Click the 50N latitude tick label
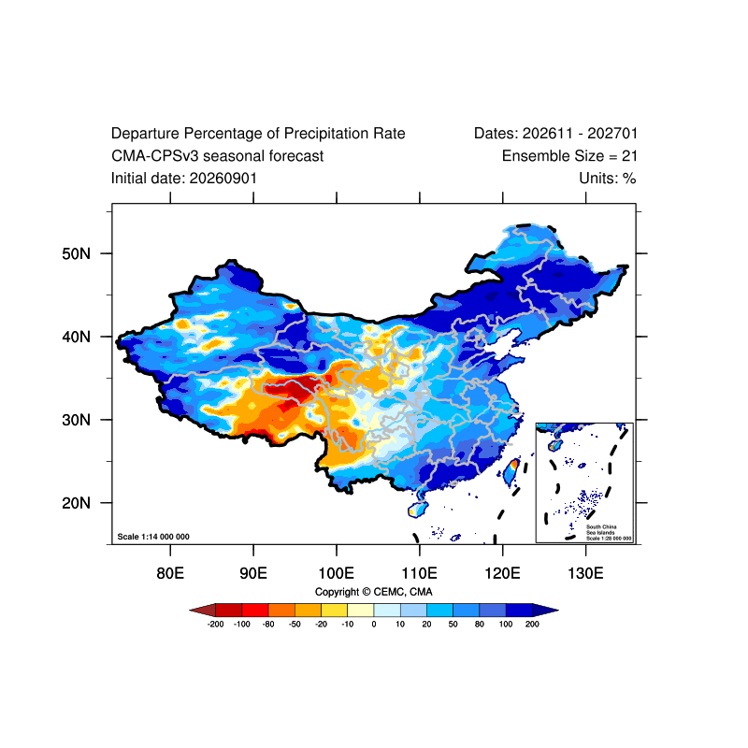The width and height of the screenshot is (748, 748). pyautogui.click(x=76, y=253)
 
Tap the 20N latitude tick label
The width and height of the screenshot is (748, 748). pyautogui.click(x=76, y=503)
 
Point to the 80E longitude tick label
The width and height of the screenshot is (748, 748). pyautogui.click(x=170, y=573)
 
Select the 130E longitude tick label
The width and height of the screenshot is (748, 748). pyautogui.click(x=586, y=573)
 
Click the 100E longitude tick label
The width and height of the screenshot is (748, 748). pyautogui.click(x=337, y=573)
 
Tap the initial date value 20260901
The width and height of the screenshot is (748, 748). pyautogui.click(x=223, y=179)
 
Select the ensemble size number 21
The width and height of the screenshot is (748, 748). pyautogui.click(x=629, y=156)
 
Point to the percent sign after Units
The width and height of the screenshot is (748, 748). pyautogui.click(x=629, y=179)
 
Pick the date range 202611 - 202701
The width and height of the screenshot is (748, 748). pyautogui.click(x=580, y=134)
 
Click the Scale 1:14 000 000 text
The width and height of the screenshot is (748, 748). pyautogui.click(x=153, y=537)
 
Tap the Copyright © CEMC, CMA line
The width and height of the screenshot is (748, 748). pyautogui.click(x=373, y=592)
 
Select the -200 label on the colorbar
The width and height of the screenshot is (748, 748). pyautogui.click(x=216, y=624)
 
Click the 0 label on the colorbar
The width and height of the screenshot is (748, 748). pyautogui.click(x=374, y=624)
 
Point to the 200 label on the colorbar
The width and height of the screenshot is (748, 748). pyautogui.click(x=532, y=624)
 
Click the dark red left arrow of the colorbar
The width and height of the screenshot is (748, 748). pyautogui.click(x=204, y=611)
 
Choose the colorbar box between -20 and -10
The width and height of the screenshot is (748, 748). pyautogui.click(x=335, y=611)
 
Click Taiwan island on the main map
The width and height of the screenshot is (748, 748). pyautogui.click(x=511, y=472)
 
